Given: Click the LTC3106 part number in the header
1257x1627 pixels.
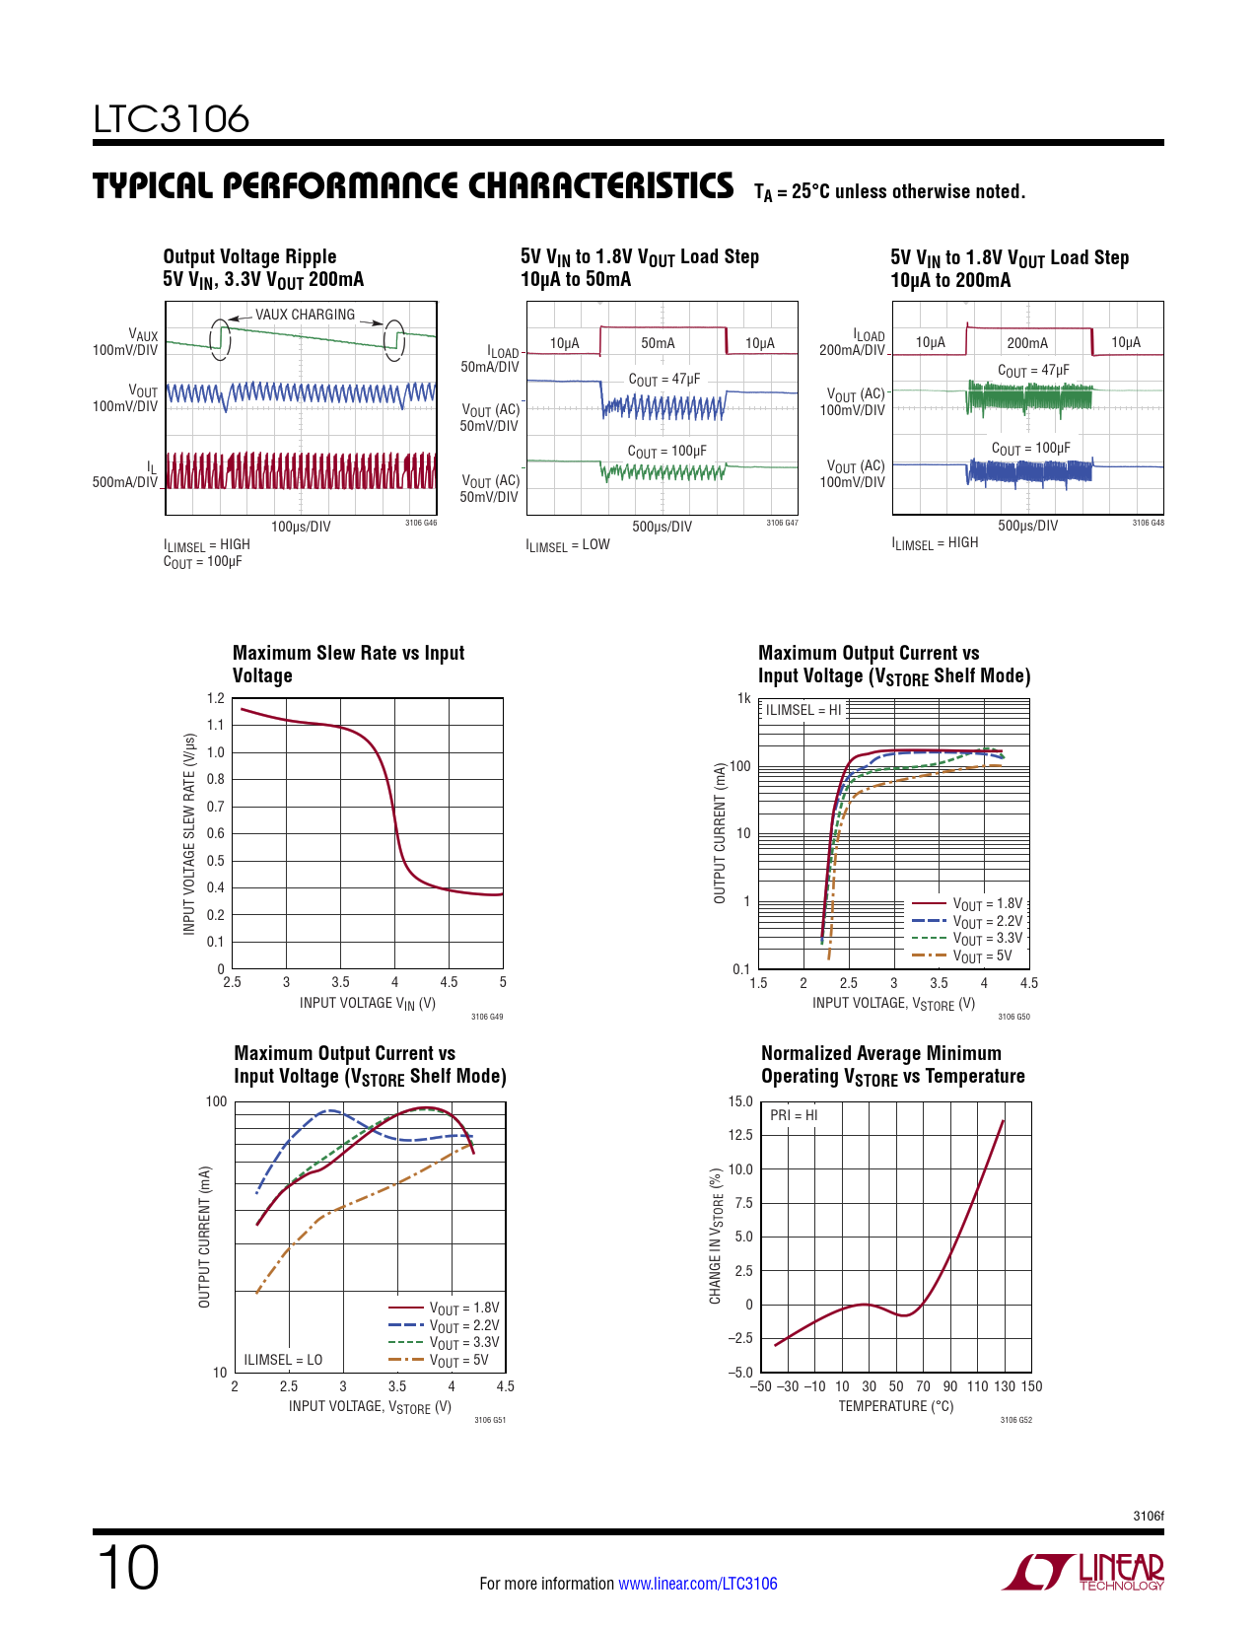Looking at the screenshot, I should click(172, 119).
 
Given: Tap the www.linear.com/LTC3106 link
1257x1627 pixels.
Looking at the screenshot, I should click(697, 1584).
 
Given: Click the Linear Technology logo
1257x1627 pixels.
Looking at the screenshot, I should click(1083, 1572).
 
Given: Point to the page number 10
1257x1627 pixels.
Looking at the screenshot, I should click(127, 1568).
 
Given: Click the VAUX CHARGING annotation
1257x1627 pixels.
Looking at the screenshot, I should click(305, 315).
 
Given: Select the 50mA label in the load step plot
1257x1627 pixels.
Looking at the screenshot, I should click(658, 343).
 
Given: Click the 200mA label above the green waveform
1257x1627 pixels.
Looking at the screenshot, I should click(1026, 343).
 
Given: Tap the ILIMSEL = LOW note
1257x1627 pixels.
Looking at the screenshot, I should click(568, 545).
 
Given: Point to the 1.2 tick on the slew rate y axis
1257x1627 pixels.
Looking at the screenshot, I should click(216, 698).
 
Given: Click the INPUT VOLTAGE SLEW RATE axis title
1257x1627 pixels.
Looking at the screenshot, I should click(189, 834).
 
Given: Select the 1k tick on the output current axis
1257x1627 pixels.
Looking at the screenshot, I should click(743, 698).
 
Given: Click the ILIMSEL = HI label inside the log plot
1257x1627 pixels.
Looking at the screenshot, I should click(803, 710).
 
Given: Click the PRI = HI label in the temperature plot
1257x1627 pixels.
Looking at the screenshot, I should click(794, 1115).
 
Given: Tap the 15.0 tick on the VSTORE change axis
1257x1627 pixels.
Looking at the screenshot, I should click(740, 1101).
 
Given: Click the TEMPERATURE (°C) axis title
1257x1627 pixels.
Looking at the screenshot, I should click(895, 1406).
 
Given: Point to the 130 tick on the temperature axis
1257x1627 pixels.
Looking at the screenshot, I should click(1004, 1386).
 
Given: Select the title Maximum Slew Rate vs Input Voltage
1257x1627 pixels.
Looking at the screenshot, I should click(348, 664).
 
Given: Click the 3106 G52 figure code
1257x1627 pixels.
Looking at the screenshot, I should click(1015, 1420).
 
